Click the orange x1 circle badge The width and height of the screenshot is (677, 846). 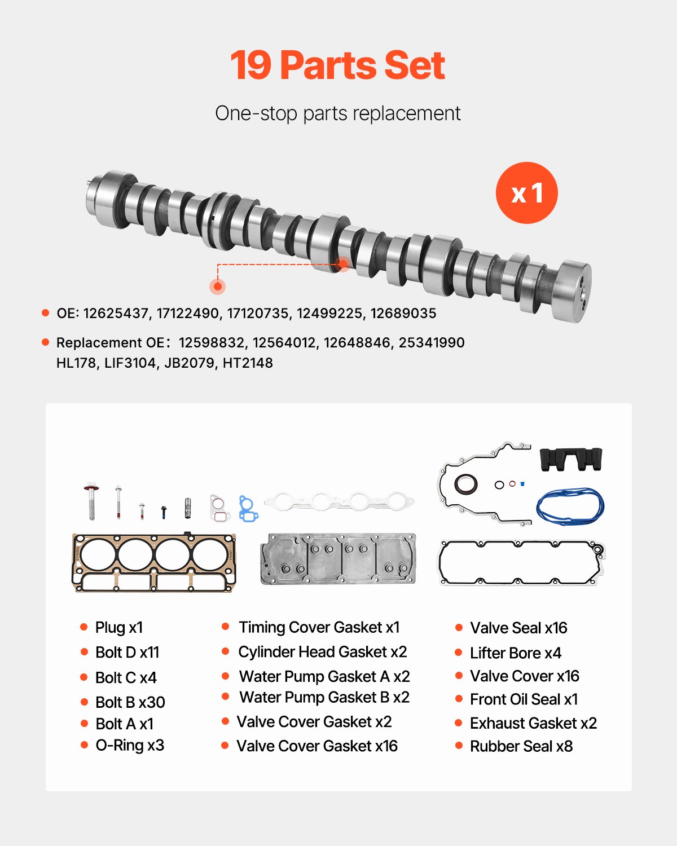526,193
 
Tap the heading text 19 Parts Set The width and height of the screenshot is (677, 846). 337,65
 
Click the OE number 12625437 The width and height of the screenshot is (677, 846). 116,314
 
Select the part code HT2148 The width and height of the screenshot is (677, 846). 248,363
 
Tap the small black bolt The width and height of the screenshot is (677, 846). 164,512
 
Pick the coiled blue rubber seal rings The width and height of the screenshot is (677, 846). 570,506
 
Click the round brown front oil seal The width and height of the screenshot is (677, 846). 466,484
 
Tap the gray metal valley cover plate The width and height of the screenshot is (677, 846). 338,558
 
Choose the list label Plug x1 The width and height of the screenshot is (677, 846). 118,628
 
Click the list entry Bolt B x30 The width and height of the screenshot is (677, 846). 130,702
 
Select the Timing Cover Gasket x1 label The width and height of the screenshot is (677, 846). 319,628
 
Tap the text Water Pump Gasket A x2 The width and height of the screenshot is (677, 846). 324,676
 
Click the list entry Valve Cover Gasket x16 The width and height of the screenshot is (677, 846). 316,746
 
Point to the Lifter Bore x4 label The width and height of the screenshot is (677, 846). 515,653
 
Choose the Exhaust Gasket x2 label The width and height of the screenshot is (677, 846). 533,723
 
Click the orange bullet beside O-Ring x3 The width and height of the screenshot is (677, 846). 84,745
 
